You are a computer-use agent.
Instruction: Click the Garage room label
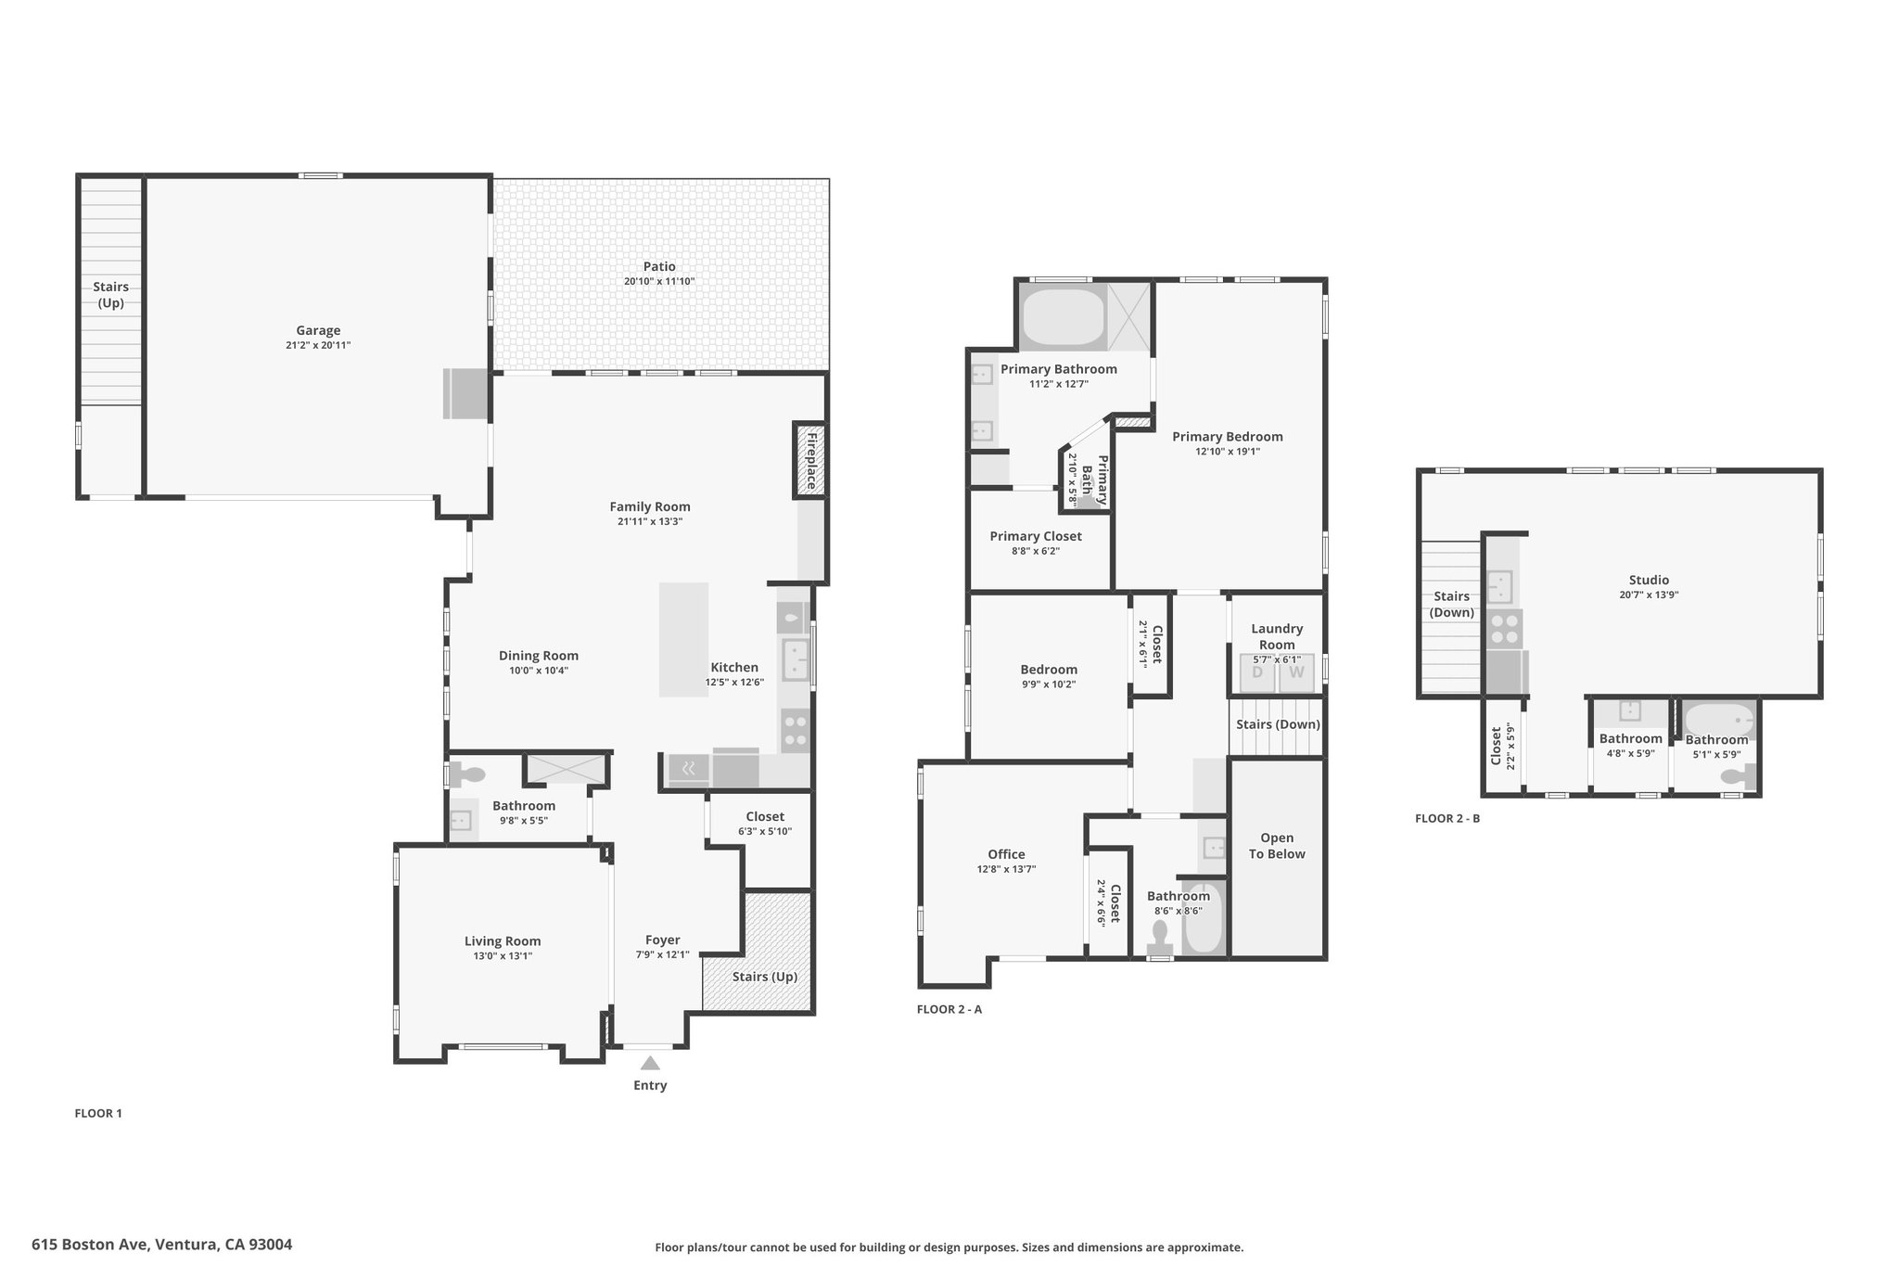coord(318,330)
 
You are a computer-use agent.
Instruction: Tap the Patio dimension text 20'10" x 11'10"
coord(659,282)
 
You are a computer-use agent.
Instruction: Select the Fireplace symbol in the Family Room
coord(809,460)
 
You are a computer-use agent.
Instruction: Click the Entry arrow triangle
coord(650,1063)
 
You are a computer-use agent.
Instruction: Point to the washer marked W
coord(1296,672)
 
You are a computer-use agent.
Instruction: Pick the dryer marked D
coord(1258,672)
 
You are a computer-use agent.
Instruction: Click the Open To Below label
coord(1277,846)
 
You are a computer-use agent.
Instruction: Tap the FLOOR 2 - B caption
coord(1447,819)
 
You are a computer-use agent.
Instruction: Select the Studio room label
coord(1649,581)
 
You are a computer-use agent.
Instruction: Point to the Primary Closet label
coord(1036,536)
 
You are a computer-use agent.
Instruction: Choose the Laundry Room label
coord(1277,636)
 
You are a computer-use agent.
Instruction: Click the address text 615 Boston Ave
coord(90,1245)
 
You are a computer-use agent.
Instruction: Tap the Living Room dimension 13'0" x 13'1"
coord(503,956)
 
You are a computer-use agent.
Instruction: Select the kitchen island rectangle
coord(683,640)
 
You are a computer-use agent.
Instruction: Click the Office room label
coord(1006,854)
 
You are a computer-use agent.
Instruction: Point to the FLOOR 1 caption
coord(98,1114)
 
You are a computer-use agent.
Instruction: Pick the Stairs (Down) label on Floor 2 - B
coord(1451,605)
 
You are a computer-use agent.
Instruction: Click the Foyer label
coord(663,940)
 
